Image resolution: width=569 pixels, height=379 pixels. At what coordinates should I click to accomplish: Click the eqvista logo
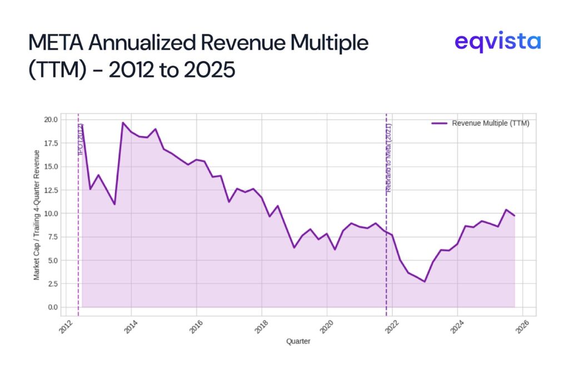point(497,42)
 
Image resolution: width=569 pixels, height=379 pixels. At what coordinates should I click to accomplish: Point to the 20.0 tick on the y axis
point(51,119)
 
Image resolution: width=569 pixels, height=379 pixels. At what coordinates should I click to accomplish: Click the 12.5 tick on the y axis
point(51,190)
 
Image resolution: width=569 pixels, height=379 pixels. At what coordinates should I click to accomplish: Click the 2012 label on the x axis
point(64,326)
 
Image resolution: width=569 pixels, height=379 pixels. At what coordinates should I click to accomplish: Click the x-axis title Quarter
point(298,341)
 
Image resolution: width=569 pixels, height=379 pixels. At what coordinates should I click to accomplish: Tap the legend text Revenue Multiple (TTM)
point(490,123)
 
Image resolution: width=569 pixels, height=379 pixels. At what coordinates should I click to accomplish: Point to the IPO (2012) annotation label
point(81,139)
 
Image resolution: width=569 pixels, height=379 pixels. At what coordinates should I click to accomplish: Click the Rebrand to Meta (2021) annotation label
point(389,158)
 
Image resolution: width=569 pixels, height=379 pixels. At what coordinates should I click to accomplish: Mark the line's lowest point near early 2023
point(425,281)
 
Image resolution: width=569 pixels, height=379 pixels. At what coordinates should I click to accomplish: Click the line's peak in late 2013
point(123,123)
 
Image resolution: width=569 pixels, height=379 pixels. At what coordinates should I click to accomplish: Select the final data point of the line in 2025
point(515,215)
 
